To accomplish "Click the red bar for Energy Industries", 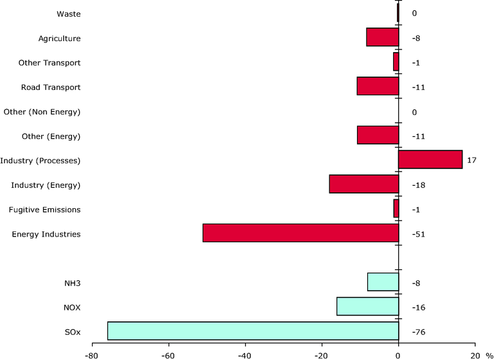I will tap(300, 233).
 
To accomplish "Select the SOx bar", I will tap(253, 330).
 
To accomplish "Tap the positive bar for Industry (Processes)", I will tap(430, 159).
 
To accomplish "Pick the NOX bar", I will tap(367, 307).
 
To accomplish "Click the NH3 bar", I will tap(383, 282).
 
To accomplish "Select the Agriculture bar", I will tap(382, 37).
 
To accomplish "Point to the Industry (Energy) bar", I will tap(363, 184).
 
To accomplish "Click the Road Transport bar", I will tap(378, 86).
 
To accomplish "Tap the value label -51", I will tap(418, 234).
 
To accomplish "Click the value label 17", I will tap(471, 160).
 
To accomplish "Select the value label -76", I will tap(418, 332).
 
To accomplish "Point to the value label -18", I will tap(418, 185).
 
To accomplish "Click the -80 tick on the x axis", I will tap(92, 354).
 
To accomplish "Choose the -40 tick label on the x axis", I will tap(245, 354).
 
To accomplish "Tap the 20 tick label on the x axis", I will tap(475, 354).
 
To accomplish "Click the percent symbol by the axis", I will tap(489, 354).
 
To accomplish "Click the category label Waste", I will tap(69, 14).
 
